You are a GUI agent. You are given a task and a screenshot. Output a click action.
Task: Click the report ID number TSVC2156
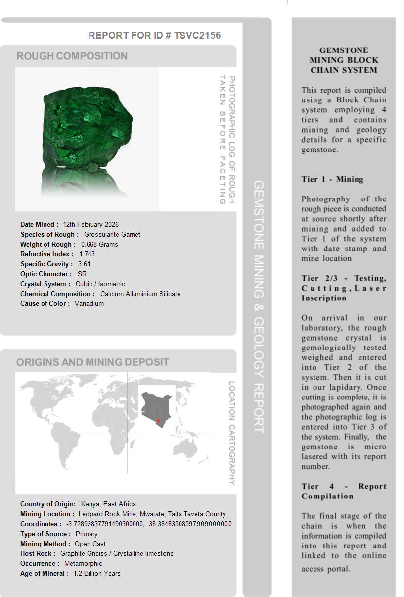(197, 35)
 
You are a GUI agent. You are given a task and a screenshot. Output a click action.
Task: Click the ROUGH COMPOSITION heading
(72, 56)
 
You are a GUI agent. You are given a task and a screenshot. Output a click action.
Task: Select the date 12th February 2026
(90, 224)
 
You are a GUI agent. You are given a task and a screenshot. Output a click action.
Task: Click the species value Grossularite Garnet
(112, 234)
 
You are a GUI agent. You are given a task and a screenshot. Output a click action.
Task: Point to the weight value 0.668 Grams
(99, 244)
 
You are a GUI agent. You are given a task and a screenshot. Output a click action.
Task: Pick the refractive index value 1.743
(87, 254)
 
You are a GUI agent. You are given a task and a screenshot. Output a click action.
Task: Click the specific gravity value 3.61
(84, 264)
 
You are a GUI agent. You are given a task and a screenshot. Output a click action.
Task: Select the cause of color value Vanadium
(89, 303)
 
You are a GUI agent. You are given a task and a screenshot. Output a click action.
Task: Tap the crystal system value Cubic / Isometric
(100, 284)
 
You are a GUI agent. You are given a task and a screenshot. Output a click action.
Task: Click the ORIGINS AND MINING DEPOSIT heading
(92, 362)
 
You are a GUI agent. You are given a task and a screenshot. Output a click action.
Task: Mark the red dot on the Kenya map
(158, 421)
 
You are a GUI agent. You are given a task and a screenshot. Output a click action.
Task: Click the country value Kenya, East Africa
(108, 504)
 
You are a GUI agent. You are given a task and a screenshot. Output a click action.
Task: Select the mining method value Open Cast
(90, 544)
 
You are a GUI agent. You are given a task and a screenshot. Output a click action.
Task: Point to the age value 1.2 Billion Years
(97, 573)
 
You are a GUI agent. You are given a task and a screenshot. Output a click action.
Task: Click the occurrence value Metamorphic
(83, 563)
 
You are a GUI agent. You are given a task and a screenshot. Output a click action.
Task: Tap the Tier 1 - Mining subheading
(332, 179)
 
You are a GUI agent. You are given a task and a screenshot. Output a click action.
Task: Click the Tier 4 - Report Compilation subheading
(344, 491)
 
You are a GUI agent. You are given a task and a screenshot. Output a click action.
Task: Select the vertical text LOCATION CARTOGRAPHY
(232, 433)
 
